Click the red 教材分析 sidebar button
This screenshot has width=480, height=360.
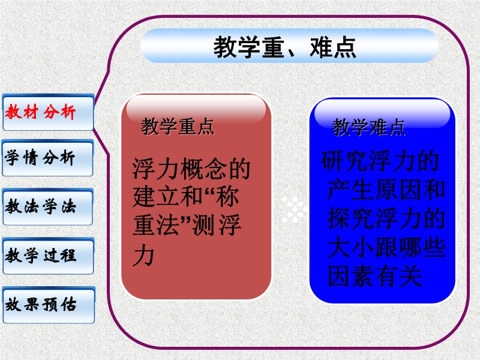[48, 113]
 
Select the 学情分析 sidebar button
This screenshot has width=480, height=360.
[48, 158]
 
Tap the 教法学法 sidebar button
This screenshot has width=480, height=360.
[48, 207]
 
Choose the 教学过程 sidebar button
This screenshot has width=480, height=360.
[49, 256]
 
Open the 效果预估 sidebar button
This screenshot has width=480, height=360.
[49, 305]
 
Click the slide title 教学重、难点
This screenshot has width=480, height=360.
[284, 47]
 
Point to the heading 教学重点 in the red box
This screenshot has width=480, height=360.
[177, 126]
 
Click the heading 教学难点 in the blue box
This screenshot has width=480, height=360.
[369, 127]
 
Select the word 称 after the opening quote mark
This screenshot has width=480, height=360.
[227, 197]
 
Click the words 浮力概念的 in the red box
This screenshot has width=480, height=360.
[191, 169]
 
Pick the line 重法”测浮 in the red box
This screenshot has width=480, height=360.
[187, 225]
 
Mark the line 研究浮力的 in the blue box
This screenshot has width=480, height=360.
[380, 161]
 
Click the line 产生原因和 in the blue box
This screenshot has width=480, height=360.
[386, 190]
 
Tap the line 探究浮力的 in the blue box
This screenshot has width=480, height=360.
[386, 218]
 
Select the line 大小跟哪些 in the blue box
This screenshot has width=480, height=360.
[386, 247]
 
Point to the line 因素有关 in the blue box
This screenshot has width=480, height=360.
[374, 275]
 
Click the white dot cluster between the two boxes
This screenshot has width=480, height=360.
[294, 209]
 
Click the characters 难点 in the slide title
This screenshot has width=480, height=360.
[333, 47]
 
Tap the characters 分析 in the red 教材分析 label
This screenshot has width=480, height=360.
[59, 112]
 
